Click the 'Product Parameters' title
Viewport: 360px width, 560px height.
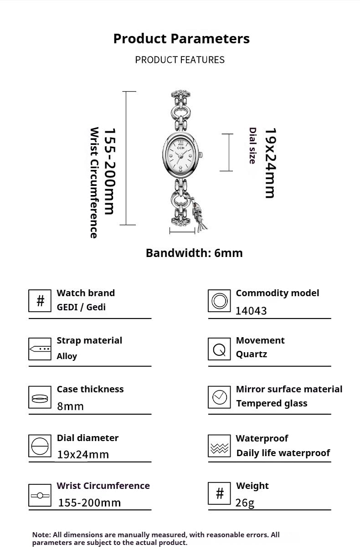(x=181, y=39)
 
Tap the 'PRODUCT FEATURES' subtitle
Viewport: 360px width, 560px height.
(x=180, y=60)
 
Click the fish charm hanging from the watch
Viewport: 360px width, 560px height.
(x=199, y=215)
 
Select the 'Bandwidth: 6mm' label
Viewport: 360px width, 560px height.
(x=194, y=253)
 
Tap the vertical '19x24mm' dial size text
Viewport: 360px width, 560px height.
(x=271, y=163)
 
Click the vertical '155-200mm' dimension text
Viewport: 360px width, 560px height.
(x=110, y=171)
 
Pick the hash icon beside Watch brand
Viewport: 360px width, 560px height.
(x=40, y=301)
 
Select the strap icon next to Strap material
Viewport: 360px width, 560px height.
(x=40, y=349)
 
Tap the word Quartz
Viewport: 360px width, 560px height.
(x=252, y=354)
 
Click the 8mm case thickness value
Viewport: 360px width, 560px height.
(x=70, y=406)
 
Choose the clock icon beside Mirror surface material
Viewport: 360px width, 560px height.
(x=219, y=397)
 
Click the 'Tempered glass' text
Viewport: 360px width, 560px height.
(x=272, y=404)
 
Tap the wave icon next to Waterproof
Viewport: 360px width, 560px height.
(x=219, y=446)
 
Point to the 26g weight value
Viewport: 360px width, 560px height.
(x=245, y=503)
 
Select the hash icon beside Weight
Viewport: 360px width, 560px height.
(x=219, y=493)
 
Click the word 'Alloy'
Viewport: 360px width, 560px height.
(x=67, y=356)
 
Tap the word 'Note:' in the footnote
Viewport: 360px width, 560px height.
(x=42, y=535)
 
